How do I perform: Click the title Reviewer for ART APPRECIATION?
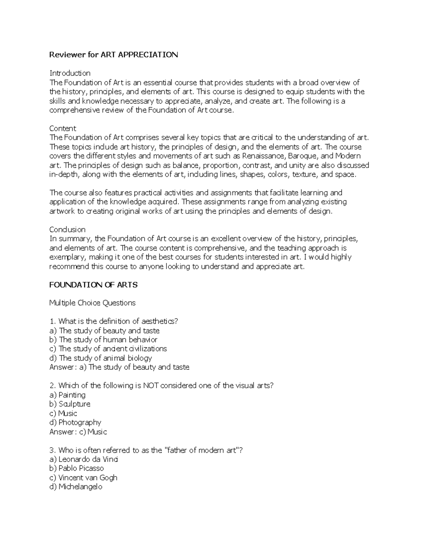114,55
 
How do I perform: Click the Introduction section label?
70,73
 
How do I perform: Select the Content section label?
63,128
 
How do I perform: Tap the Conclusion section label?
67,229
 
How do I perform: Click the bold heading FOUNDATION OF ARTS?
93,285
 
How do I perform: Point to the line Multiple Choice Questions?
92,303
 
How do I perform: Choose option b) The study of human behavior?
103,340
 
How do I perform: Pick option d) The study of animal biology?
100,358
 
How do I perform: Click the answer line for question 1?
119,367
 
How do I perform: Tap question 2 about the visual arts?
161,386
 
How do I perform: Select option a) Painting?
67,395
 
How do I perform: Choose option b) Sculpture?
70,404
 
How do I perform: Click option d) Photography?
75,422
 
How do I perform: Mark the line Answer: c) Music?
78,432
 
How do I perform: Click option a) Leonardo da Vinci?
84,459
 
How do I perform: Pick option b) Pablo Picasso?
76,469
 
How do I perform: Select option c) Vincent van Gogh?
83,478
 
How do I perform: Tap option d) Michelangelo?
76,487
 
